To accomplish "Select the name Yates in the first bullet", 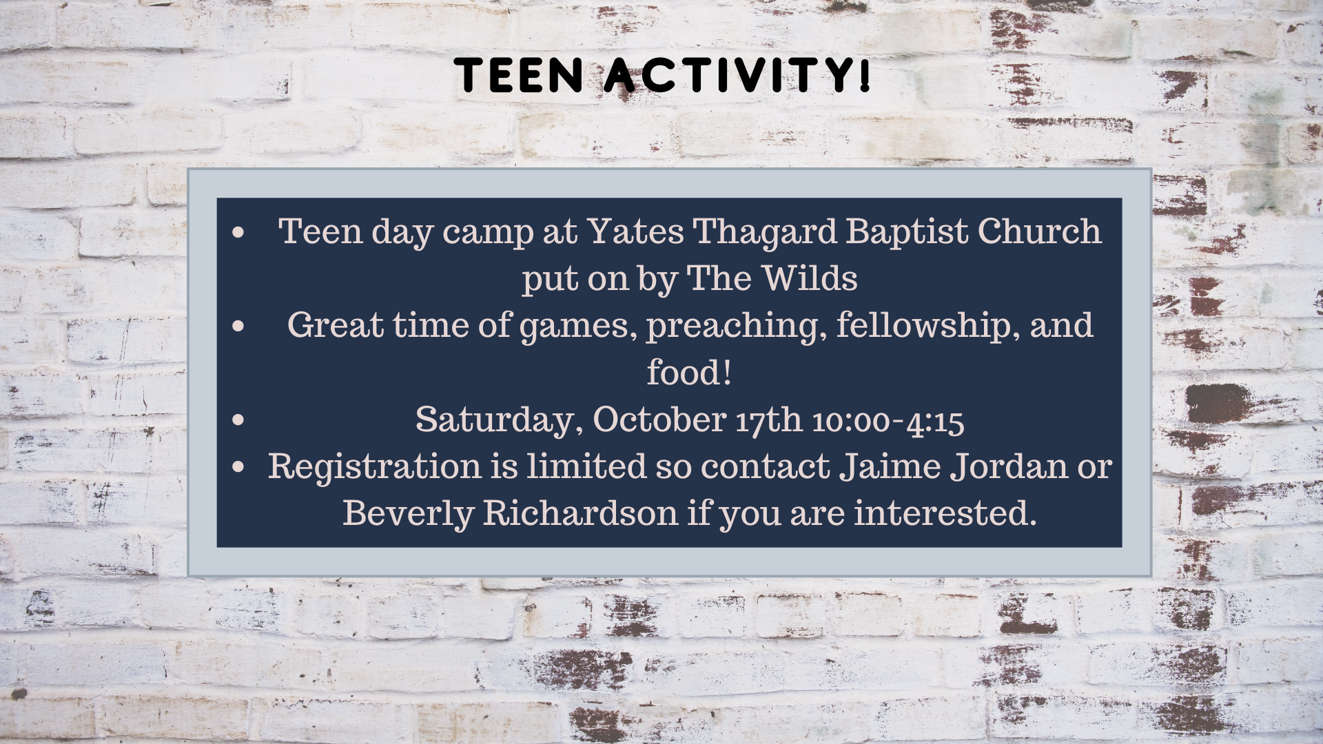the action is click(x=635, y=231).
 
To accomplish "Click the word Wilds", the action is click(x=810, y=278).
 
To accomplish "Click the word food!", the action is click(x=688, y=373).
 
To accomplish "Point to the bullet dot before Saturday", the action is click(x=239, y=419).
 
